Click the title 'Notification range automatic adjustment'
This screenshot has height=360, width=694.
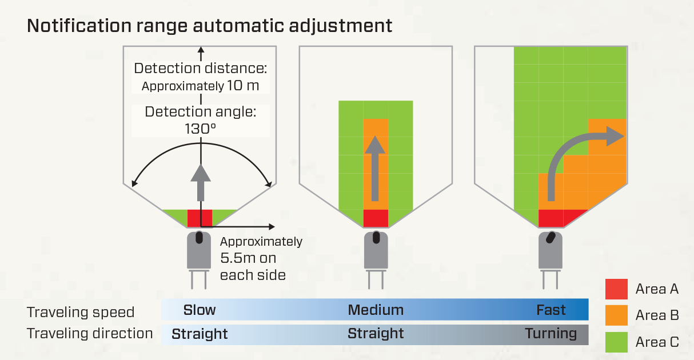(209, 26)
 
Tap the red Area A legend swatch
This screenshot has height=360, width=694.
(616, 289)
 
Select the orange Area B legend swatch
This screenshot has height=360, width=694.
(616, 315)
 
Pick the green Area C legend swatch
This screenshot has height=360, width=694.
(616, 342)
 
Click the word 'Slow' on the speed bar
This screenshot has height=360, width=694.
(200, 310)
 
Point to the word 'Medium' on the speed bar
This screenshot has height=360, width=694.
(376, 310)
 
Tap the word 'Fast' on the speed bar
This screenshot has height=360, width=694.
(551, 310)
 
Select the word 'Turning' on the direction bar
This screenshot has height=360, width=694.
(551, 333)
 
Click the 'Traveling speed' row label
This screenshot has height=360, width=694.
(81, 313)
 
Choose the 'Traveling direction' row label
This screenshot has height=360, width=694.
(90, 334)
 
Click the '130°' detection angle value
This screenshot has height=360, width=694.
(200, 128)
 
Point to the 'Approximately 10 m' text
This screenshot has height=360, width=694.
(200, 86)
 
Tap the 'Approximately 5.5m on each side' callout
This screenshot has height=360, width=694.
(261, 258)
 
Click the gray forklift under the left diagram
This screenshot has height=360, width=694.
(200, 254)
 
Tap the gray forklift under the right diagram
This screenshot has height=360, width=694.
(551, 254)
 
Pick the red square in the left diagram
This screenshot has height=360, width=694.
(200, 218)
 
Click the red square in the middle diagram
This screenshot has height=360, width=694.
(376, 218)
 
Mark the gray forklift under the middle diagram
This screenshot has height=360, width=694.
(376, 254)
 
